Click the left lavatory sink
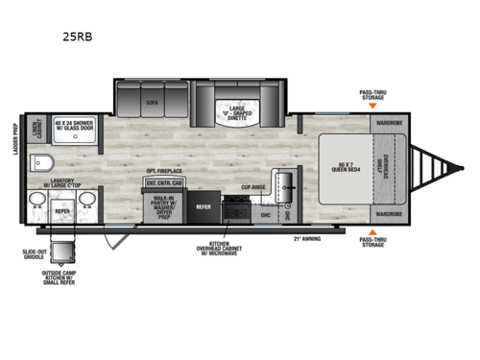click(x=37, y=202)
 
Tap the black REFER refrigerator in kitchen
click(x=204, y=205)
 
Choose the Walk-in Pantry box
click(x=163, y=206)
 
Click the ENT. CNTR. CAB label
click(x=164, y=181)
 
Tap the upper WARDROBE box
click(x=389, y=123)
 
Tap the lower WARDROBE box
click(x=389, y=213)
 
